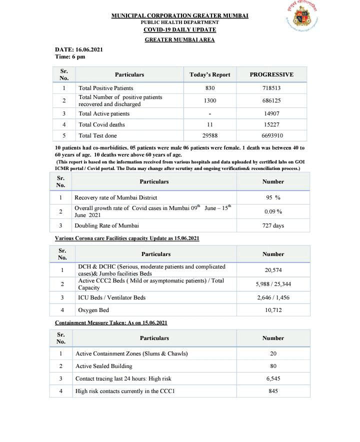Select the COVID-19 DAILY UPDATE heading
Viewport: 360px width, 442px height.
[179, 29]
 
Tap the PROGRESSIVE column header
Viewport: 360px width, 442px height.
[271, 74]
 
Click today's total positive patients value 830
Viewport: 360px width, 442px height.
[210, 88]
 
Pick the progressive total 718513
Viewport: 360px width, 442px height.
[271, 88]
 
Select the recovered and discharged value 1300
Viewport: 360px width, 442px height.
[210, 100]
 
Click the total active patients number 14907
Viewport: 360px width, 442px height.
[271, 113]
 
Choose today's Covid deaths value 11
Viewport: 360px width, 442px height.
[210, 124]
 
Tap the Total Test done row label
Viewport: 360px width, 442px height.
[98, 135]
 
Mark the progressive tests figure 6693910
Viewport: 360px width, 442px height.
[271, 135]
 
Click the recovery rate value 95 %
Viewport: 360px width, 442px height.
[273, 197]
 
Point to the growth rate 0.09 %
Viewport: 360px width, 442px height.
[273, 211]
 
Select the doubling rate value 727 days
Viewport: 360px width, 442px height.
[273, 225]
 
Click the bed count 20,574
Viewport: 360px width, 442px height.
[273, 270]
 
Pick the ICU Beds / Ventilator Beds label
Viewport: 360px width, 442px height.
[112, 297]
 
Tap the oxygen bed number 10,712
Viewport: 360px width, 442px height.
[273, 310]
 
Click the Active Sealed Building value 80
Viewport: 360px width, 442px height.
[273, 366]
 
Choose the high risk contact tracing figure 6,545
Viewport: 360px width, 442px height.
[273, 378]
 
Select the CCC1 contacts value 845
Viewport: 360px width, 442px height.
[273, 391]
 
